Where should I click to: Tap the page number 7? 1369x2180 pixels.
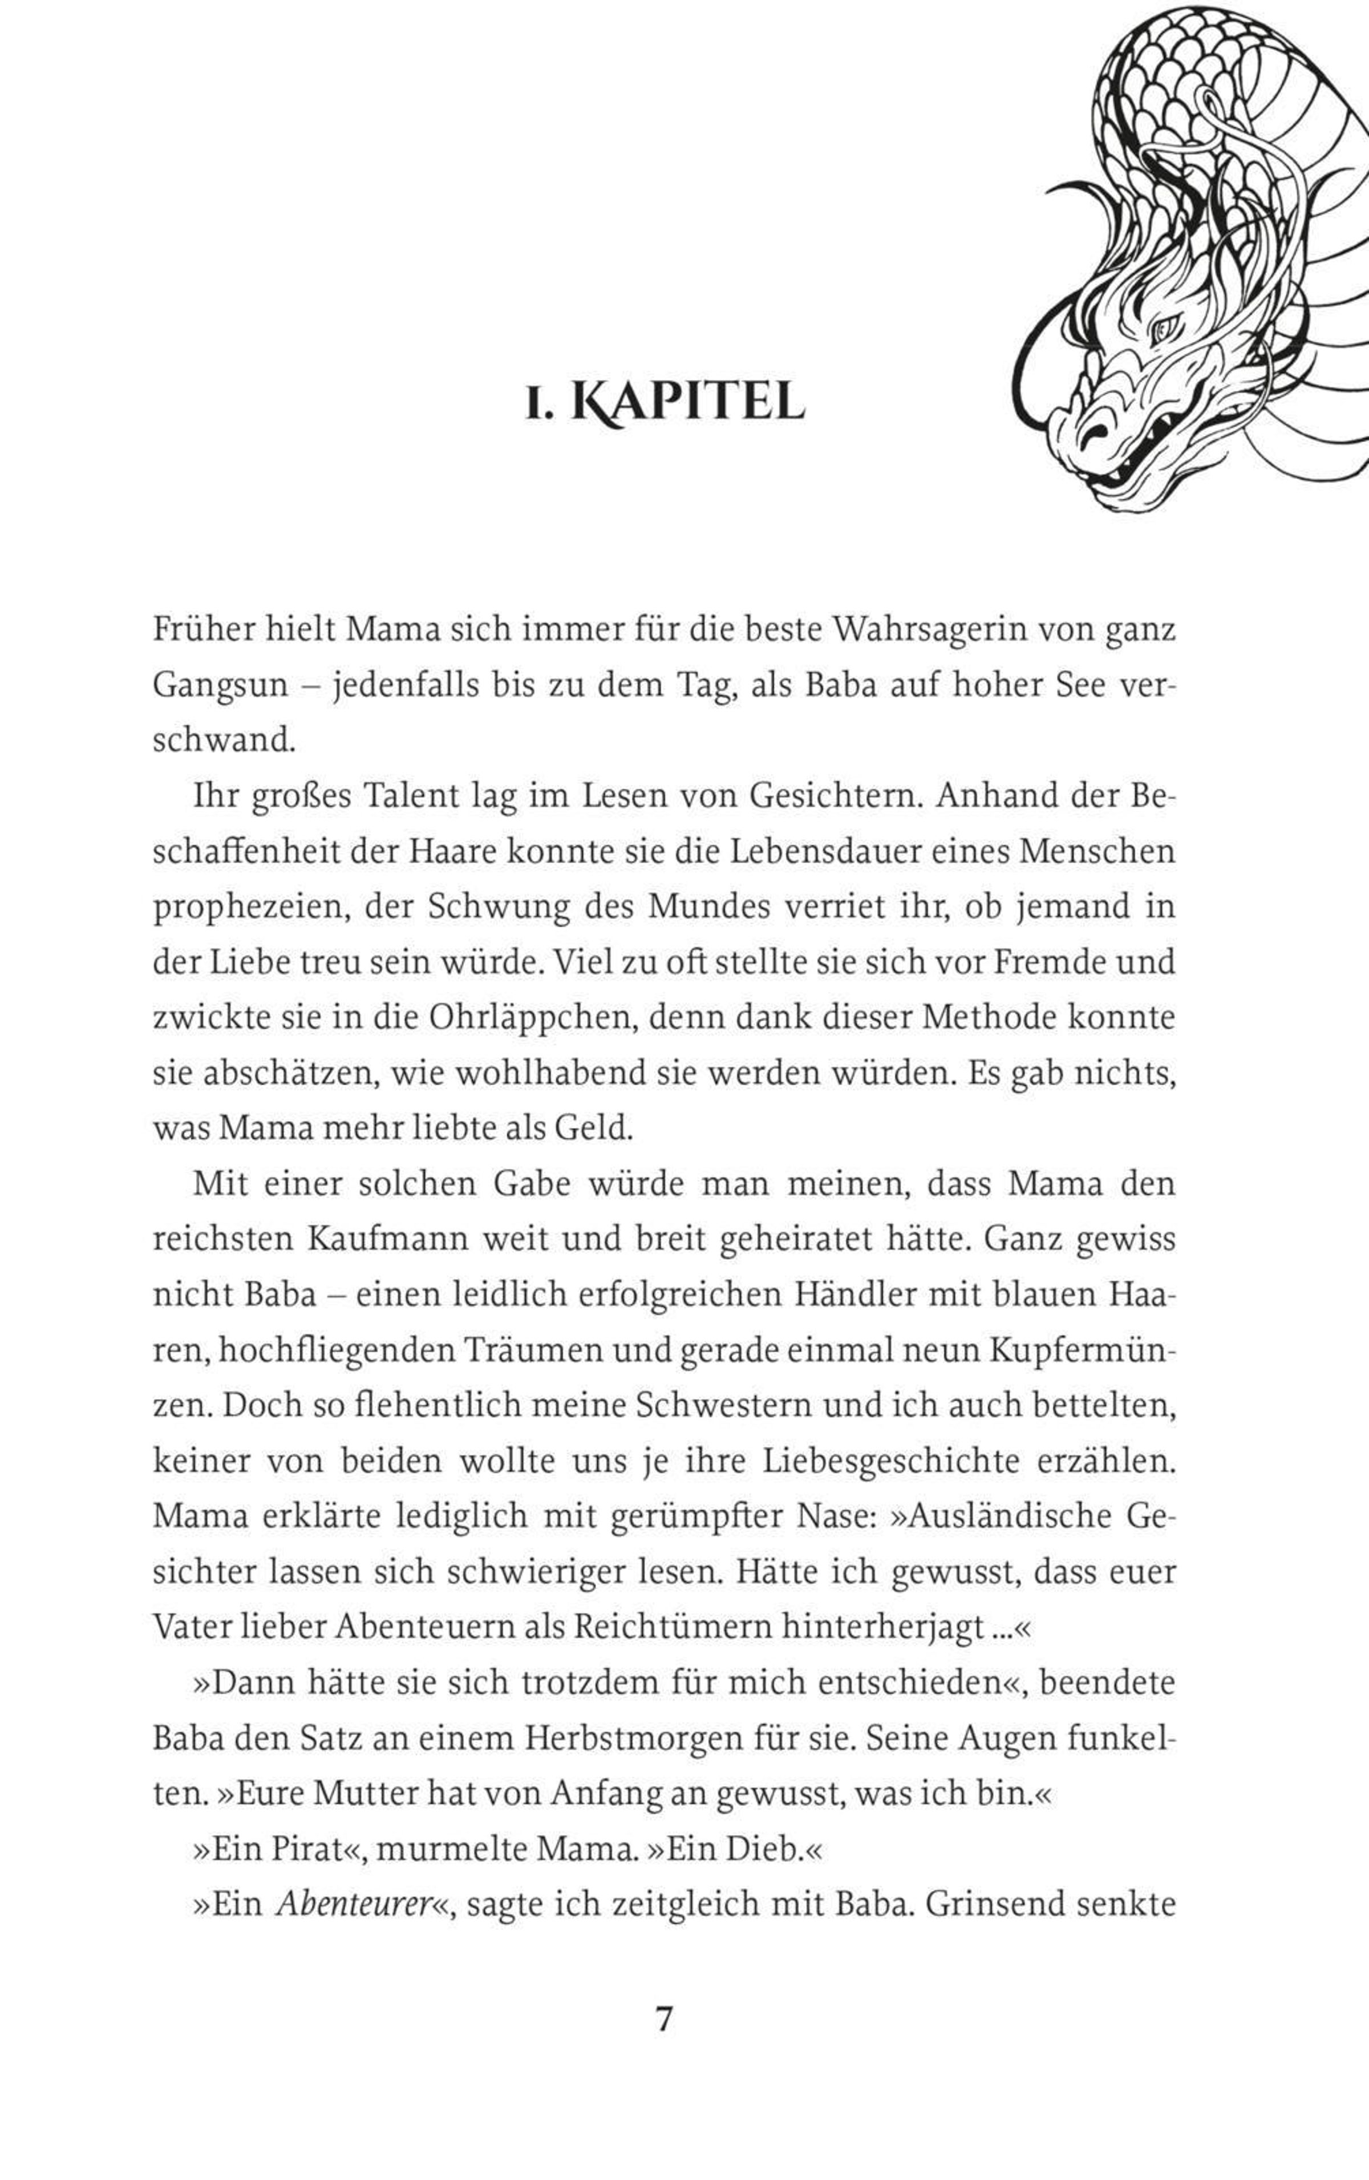[665, 2021]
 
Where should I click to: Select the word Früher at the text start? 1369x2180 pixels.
[205, 630]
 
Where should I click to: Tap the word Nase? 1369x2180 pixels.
[839, 1517]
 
